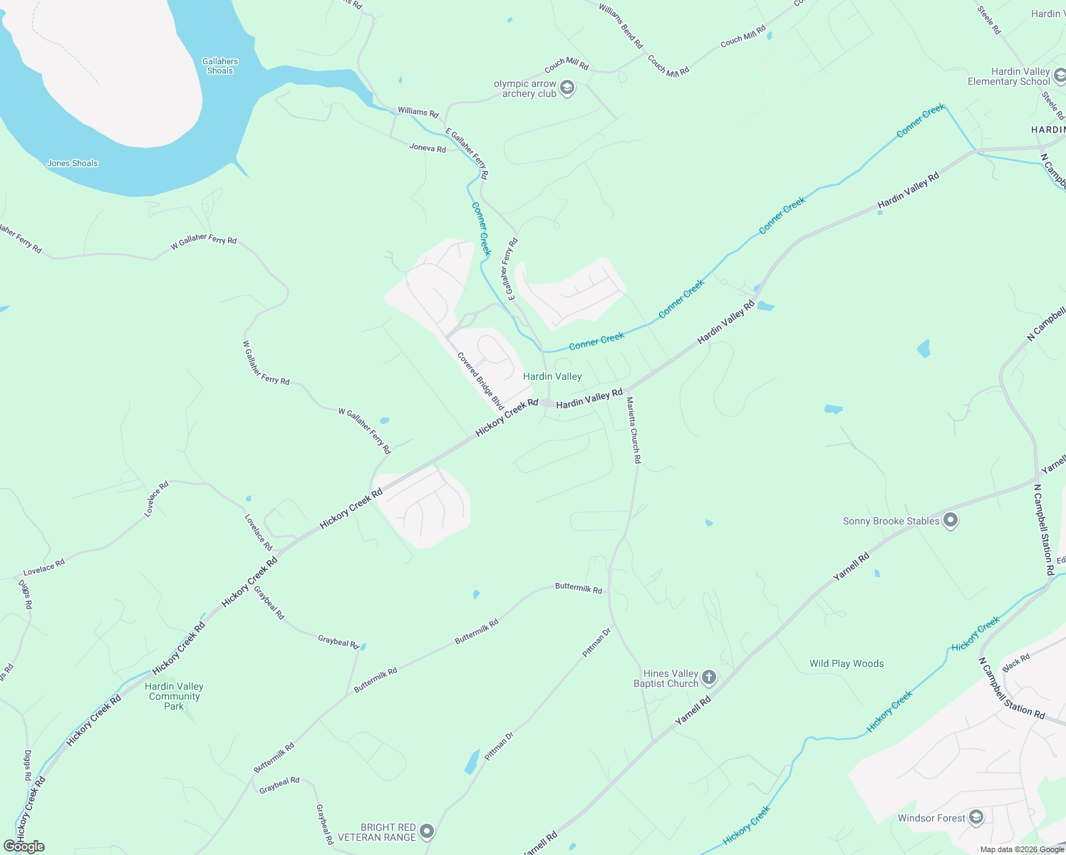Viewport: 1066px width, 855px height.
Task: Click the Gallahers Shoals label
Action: tap(220, 66)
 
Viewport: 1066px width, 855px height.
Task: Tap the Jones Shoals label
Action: tap(72, 163)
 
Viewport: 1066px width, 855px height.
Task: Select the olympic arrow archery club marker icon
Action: tap(567, 88)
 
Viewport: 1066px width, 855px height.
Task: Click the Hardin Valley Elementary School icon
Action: tap(1060, 76)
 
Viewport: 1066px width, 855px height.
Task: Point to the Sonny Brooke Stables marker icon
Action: tap(951, 521)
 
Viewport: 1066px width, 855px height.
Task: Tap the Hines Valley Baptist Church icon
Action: tap(708, 678)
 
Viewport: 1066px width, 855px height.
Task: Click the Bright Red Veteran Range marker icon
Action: tap(427, 831)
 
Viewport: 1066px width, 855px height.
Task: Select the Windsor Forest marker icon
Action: tap(976, 817)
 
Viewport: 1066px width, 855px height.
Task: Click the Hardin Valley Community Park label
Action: tap(174, 696)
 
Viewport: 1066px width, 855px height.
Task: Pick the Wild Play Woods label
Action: tap(847, 663)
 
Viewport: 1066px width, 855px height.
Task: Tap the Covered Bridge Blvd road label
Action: tap(480, 381)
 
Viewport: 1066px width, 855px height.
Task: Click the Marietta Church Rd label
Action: tap(633, 430)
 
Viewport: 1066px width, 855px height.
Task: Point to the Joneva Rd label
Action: tap(428, 148)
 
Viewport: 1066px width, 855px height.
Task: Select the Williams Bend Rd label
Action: tap(621, 26)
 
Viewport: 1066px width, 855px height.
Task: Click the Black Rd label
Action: tap(1016, 662)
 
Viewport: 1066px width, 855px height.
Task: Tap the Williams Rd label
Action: tap(418, 112)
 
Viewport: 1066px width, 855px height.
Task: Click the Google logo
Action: tap(24, 846)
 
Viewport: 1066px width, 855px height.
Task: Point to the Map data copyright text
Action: tap(1022, 849)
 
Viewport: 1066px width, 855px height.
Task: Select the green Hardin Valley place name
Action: tap(552, 376)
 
